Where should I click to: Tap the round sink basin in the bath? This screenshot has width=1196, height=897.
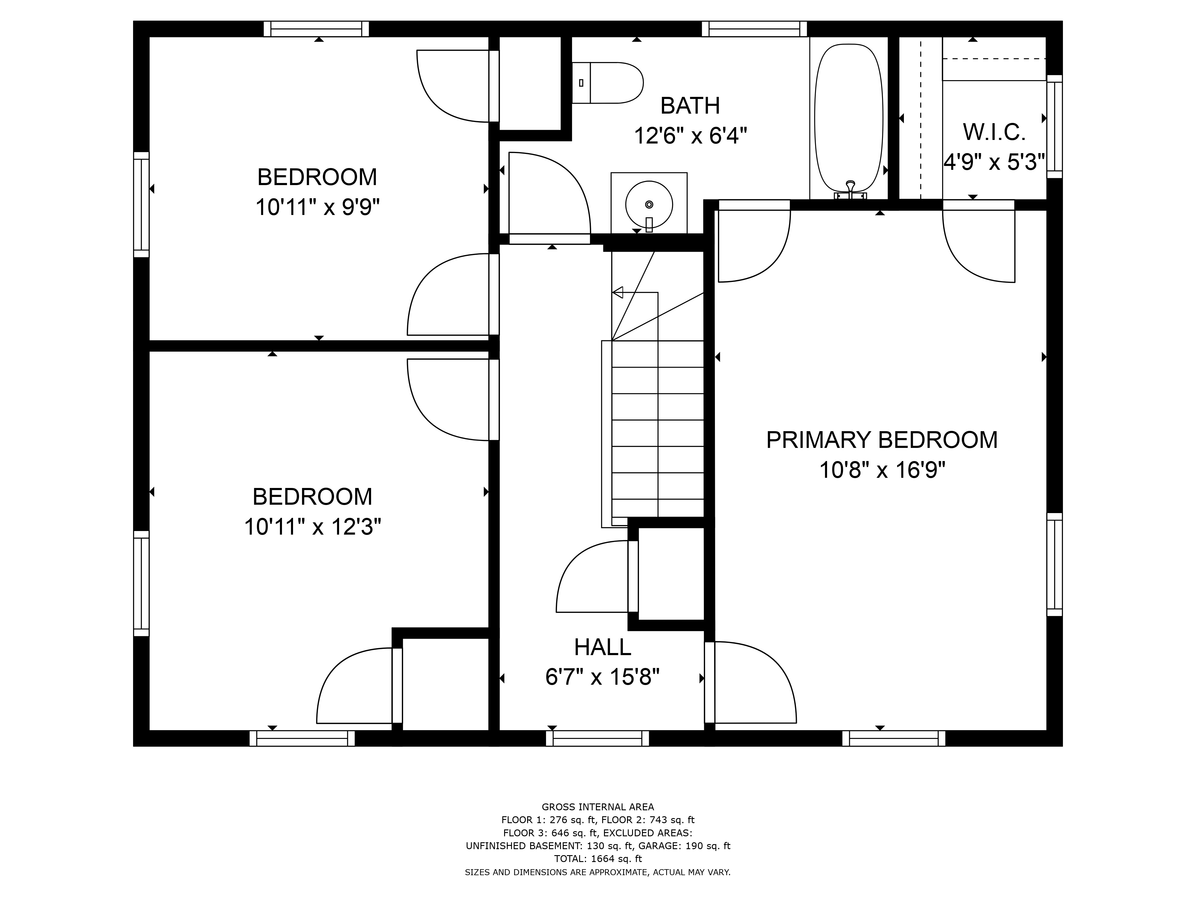coord(649,205)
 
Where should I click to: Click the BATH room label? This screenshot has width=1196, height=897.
coord(690,106)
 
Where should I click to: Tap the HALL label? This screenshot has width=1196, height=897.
coord(602,647)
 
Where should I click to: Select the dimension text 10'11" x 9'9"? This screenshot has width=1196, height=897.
coord(317,207)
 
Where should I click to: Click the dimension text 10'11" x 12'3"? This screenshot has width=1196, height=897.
coord(312,527)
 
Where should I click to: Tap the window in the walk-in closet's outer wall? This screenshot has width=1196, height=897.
coord(1054,126)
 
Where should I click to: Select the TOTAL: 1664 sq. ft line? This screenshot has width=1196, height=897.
coord(597,859)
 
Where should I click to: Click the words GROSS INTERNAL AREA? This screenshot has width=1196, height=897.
coord(597,807)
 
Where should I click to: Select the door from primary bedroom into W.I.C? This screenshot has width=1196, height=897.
coord(979,243)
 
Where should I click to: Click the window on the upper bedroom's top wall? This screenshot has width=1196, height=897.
coord(316,29)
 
